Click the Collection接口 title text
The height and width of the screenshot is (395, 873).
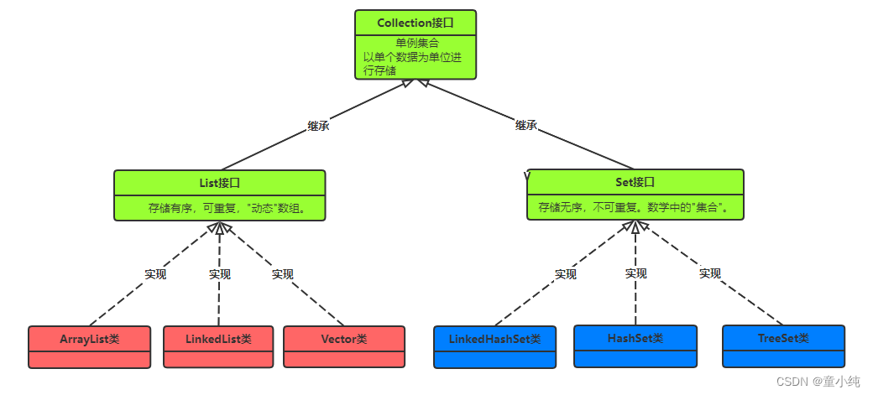point(416,23)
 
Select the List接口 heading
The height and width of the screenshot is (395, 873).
point(219,183)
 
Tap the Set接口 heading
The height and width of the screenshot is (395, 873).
point(635,182)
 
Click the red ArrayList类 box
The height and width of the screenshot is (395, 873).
point(89,346)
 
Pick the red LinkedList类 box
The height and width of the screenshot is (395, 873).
point(218,346)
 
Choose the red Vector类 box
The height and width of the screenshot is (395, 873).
point(344,346)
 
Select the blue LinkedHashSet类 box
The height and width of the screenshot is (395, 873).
point(495,346)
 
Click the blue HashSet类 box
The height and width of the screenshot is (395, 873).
point(635,346)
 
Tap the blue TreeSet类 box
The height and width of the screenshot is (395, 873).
point(783,346)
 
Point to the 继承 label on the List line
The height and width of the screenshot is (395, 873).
point(318,127)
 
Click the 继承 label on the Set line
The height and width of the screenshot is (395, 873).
point(526,126)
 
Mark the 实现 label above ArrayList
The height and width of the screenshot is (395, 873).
point(155,274)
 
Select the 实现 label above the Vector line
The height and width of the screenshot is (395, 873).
point(282,274)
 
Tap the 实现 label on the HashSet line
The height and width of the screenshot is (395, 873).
point(635,273)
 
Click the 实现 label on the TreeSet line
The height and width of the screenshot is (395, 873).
point(710,273)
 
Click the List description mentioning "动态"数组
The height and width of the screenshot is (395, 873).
point(227,209)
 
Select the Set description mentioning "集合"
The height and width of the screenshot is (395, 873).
point(634,208)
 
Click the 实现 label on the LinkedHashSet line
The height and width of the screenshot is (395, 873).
point(566,274)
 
